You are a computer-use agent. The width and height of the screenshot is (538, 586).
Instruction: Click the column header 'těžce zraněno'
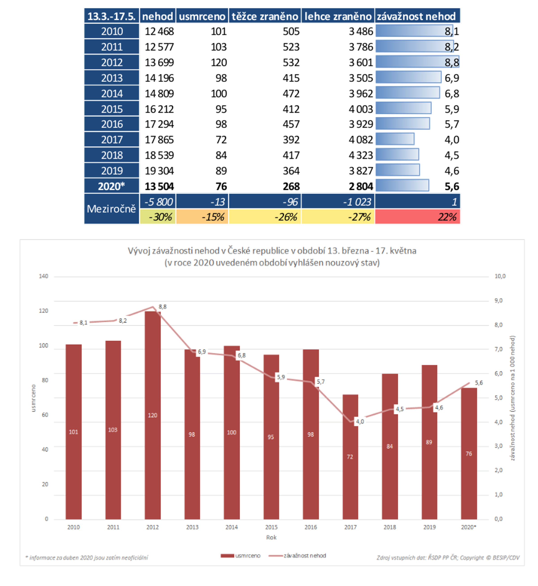point(265,16)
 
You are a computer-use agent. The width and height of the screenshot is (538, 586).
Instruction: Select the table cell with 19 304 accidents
point(159,171)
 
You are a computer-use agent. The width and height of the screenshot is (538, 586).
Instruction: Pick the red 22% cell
point(417,217)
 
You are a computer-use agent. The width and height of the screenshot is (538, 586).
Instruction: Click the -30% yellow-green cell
point(158,217)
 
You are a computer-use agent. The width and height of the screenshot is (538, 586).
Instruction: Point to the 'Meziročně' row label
point(111,209)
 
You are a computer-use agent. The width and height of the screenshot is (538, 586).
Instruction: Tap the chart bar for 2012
point(153,416)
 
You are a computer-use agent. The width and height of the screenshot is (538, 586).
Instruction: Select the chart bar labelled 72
point(350,457)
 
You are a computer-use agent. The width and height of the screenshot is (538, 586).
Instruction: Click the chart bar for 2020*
point(469,454)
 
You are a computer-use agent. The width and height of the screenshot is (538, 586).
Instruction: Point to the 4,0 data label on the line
point(360,421)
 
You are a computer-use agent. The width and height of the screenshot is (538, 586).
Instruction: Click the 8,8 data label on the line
point(163,307)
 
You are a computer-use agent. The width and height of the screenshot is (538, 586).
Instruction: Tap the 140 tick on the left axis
point(43,276)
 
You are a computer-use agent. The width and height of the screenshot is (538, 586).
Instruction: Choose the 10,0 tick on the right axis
point(500,276)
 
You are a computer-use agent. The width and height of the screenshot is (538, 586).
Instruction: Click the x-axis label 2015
point(271,527)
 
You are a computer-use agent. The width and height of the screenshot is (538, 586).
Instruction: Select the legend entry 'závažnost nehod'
point(304,556)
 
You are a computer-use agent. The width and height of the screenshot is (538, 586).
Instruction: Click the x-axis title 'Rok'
point(271,537)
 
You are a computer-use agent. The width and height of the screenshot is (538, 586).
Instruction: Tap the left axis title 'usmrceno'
point(33,398)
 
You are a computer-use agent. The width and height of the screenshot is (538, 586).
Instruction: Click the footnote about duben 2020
point(87,558)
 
